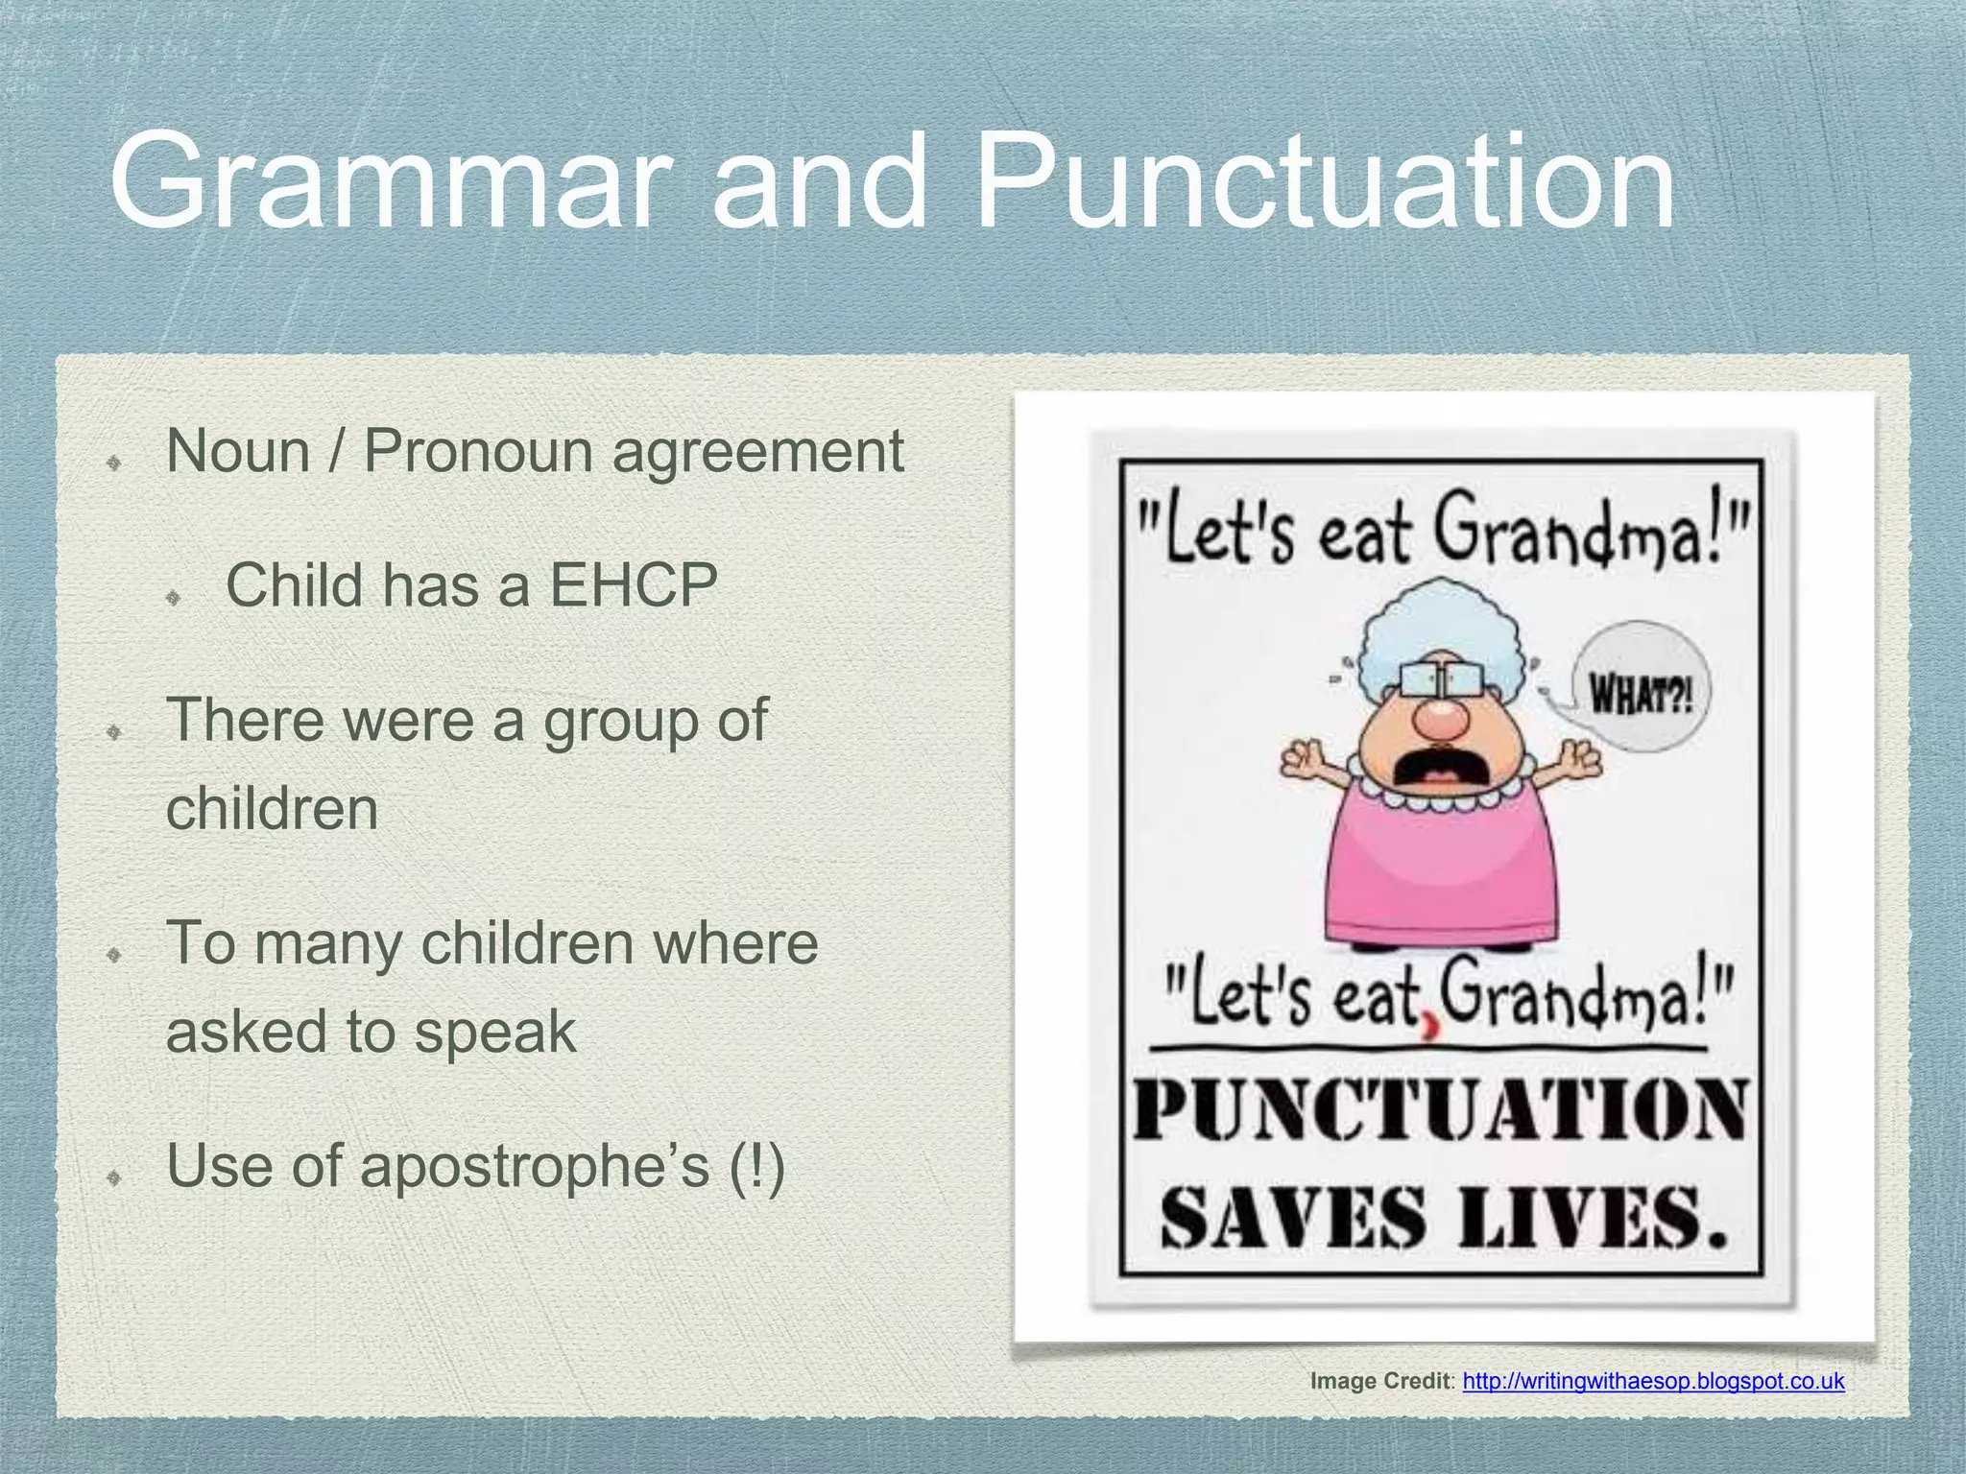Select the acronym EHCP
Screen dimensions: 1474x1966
[634, 585]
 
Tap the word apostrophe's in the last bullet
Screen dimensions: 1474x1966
[535, 1168]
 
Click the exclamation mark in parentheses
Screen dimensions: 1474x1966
[757, 1168]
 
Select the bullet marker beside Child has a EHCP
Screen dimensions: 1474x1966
[174, 597]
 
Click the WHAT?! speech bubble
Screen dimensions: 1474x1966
[1641, 688]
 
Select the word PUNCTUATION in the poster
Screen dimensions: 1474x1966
[1440, 1111]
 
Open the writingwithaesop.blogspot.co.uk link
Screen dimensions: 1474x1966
[1653, 1382]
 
